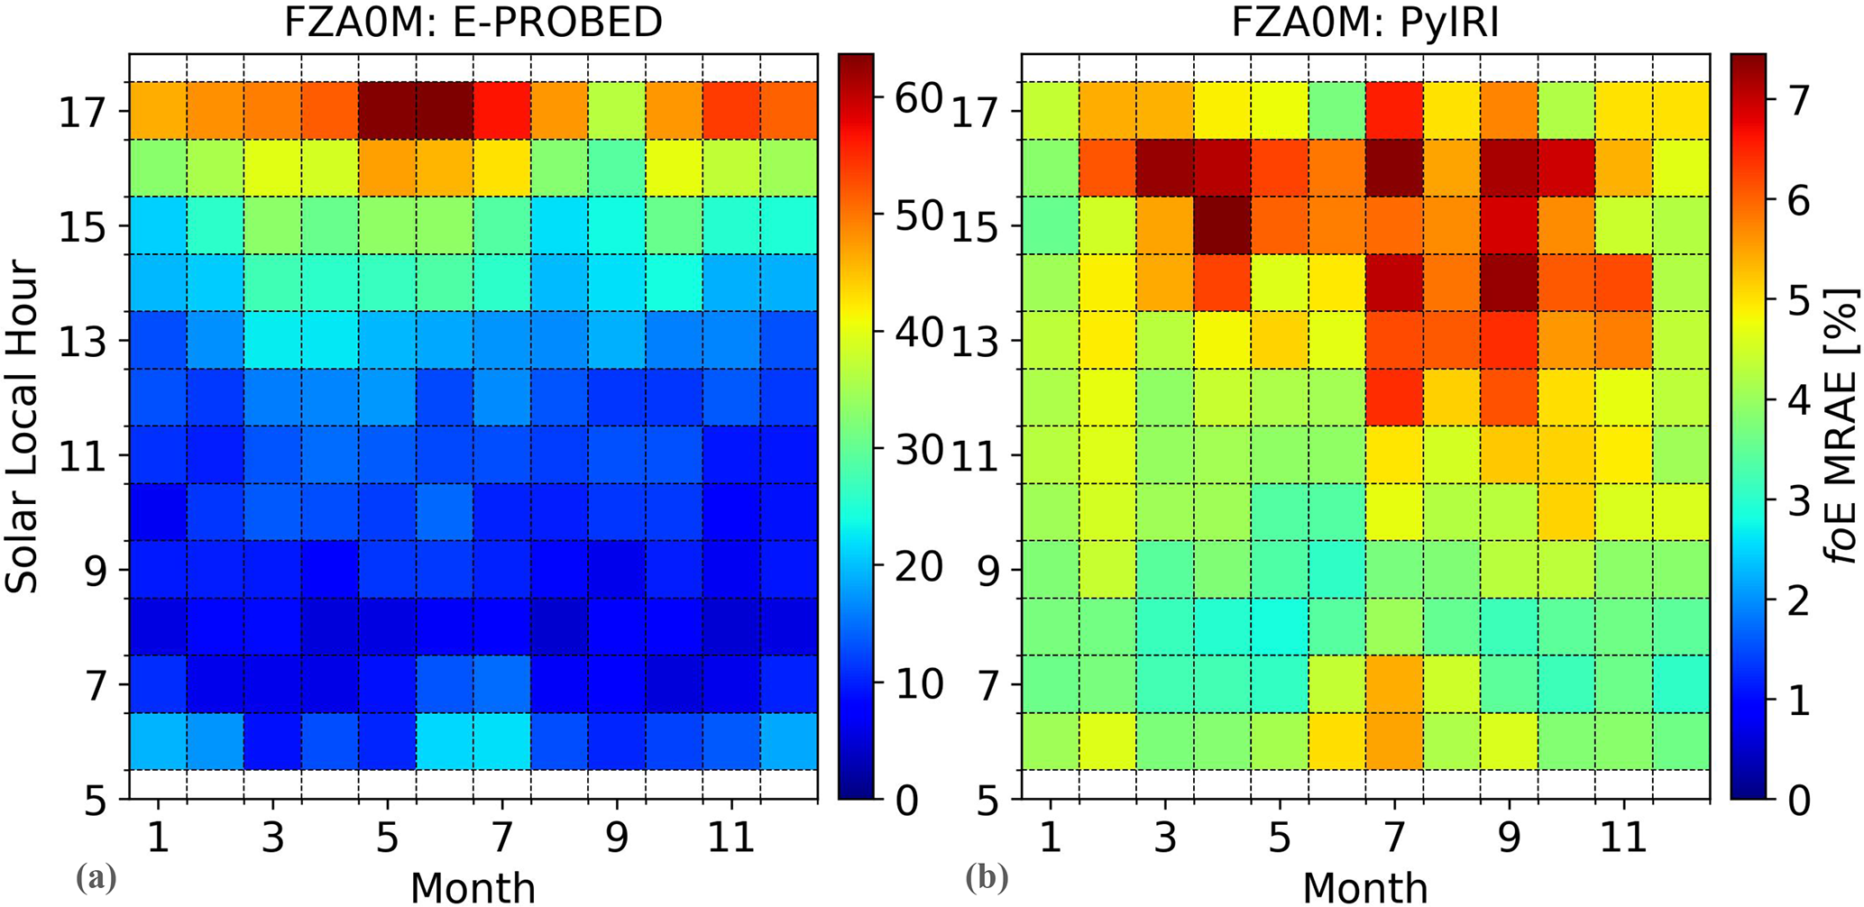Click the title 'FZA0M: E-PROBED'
click(473, 22)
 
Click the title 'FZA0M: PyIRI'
click(1365, 22)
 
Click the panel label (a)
click(96, 876)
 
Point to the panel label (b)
click(987, 876)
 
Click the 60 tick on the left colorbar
click(918, 98)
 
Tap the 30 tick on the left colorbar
click(918, 449)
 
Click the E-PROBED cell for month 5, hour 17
click(388, 111)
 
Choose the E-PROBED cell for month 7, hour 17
click(502, 111)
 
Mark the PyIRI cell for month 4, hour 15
click(1223, 225)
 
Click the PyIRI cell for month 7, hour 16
click(1394, 168)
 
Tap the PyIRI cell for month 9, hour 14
click(1509, 283)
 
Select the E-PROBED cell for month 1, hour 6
click(159, 741)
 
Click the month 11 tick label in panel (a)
click(730, 838)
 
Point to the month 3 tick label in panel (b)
click(1165, 838)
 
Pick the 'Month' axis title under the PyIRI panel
click(1365, 887)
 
